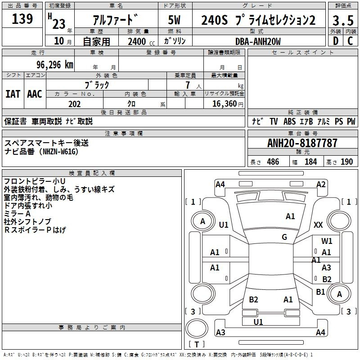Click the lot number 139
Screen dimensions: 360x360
(x=22, y=19)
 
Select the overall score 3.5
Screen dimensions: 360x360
(x=343, y=21)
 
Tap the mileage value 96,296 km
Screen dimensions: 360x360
(x=55, y=65)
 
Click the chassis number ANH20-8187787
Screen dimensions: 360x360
(x=302, y=143)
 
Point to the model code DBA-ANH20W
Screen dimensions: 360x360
(x=258, y=41)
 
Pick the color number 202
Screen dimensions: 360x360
(x=74, y=104)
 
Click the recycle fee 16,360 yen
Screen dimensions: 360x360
(x=228, y=104)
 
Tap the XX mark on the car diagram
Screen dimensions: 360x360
(x=318, y=225)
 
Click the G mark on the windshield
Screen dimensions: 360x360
(x=284, y=237)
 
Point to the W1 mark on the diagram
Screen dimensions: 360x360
(x=327, y=241)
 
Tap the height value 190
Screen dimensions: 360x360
(x=346, y=162)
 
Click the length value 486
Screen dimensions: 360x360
(x=273, y=162)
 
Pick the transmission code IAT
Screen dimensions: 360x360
(x=13, y=94)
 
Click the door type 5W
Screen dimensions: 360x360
(x=174, y=20)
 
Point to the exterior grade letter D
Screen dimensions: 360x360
(x=335, y=41)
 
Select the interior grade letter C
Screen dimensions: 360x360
(x=350, y=41)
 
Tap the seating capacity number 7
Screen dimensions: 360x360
(x=188, y=85)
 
